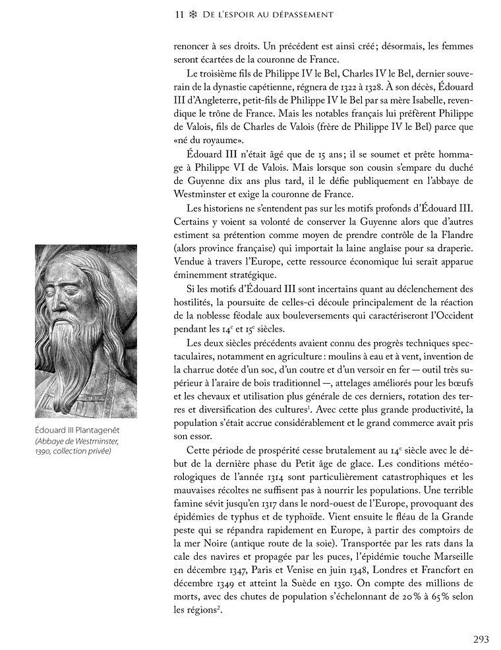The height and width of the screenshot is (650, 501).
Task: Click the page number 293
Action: coord(481,638)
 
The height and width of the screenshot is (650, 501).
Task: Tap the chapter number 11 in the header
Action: coord(179,14)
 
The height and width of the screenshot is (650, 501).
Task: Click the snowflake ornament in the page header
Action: coord(192,14)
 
